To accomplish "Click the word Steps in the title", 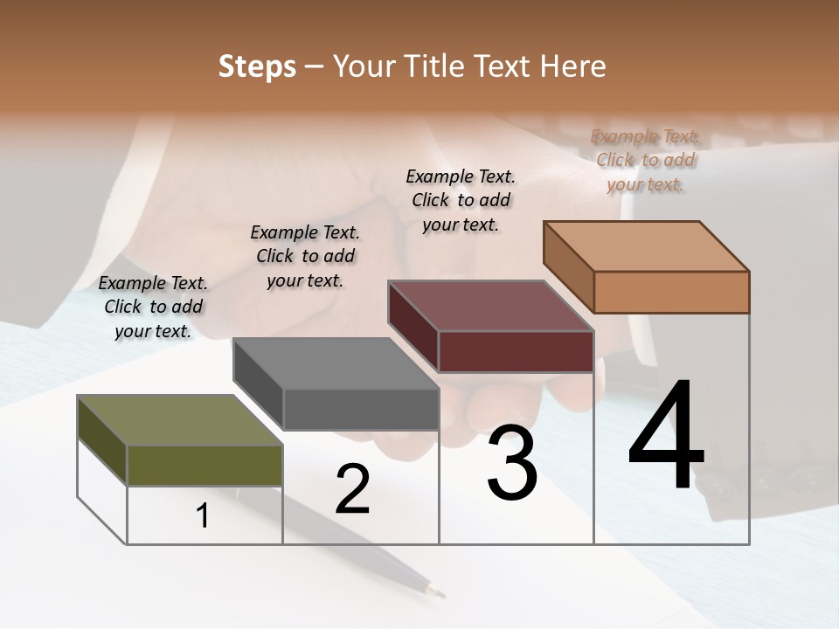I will (x=257, y=66).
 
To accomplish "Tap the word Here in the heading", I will (x=573, y=66).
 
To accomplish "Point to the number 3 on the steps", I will (x=512, y=464).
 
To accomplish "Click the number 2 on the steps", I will (x=352, y=489).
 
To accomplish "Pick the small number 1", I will (x=203, y=516).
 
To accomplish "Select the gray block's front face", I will (x=361, y=409).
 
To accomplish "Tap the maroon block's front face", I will (x=516, y=351).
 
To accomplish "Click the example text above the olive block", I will (x=153, y=307).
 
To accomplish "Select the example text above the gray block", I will (x=305, y=256).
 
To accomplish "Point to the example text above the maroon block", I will (x=461, y=200).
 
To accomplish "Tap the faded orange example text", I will (x=645, y=160).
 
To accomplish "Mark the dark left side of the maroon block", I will (x=413, y=326).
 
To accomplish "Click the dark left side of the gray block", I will (x=258, y=382).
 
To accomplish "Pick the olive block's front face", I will (x=205, y=465).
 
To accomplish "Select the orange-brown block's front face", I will (x=671, y=292).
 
